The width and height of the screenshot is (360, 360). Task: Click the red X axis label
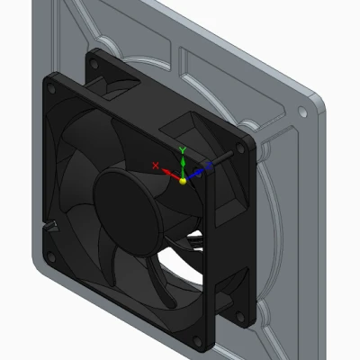157,165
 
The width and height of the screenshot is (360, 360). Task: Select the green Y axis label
183,148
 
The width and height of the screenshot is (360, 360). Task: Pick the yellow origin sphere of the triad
183,180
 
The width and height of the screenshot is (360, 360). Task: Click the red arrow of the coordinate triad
169,173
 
